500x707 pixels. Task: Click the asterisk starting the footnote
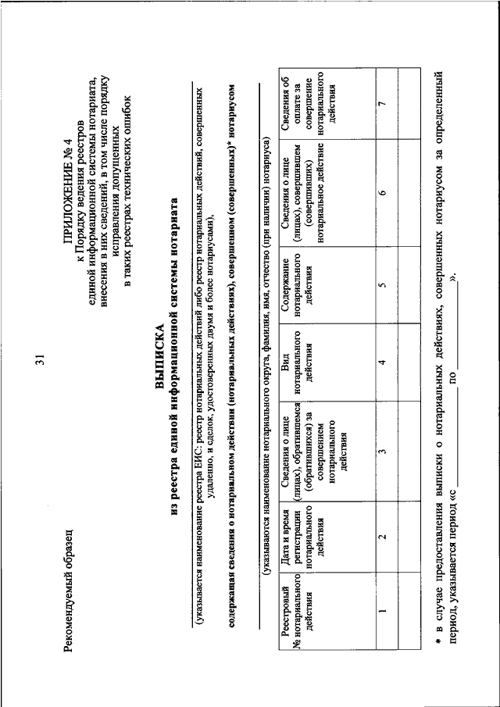(441, 641)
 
